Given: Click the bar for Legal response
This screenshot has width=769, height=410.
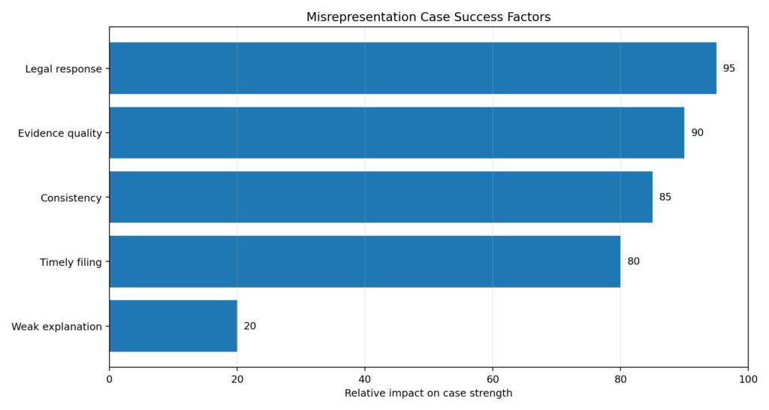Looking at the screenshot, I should (412, 68).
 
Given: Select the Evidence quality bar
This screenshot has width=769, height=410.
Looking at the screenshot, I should (397, 133).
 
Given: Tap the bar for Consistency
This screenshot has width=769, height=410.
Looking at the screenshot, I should (381, 197).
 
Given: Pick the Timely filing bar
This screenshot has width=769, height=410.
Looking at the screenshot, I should (364, 262).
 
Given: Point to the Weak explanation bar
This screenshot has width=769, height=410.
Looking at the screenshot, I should (173, 327).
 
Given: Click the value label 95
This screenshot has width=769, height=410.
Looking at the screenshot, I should (728, 68).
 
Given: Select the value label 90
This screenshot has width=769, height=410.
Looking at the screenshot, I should (697, 133).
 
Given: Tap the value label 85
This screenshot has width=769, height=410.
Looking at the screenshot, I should (665, 197).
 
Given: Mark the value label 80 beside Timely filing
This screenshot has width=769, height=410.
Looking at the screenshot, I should (633, 262).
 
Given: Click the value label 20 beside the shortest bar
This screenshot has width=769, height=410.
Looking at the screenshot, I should (249, 327).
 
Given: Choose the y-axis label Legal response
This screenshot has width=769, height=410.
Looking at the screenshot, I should (63, 69).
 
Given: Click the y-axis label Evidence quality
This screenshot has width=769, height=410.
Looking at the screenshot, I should (59, 134).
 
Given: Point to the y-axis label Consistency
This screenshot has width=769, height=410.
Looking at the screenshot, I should (71, 198).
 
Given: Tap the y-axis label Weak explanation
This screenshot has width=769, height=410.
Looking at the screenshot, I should (56, 327).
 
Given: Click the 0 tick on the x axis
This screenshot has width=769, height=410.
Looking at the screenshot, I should (110, 379).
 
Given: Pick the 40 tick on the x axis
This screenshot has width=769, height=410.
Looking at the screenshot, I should (365, 379).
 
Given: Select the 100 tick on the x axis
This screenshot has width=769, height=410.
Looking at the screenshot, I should (748, 379).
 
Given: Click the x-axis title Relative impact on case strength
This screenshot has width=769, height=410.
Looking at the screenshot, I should (428, 393).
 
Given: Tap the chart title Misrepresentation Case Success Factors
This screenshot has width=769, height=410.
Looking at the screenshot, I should (428, 17).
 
